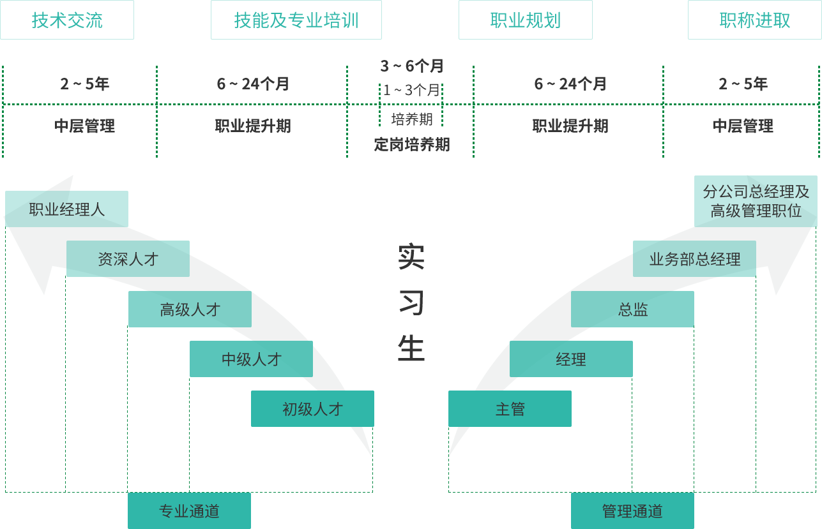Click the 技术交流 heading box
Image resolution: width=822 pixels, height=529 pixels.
[67, 20]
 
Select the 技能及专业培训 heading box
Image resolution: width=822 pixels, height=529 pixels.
[296, 20]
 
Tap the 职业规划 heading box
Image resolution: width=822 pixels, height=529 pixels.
[525, 20]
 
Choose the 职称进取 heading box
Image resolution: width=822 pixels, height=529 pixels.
[754, 20]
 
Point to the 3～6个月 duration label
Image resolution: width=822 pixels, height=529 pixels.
[411, 66]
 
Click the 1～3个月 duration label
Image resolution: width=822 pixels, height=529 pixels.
[411, 90]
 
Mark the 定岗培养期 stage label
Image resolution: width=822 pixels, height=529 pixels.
[411, 144]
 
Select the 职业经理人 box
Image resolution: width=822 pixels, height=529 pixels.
[66, 209]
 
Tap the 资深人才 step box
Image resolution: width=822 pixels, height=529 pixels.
[128, 258]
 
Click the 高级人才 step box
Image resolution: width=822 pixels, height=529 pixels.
[190, 309]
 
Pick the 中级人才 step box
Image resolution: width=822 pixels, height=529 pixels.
[251, 359]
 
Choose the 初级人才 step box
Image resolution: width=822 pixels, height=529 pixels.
[312, 409]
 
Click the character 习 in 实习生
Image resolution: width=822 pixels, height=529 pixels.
[411, 302]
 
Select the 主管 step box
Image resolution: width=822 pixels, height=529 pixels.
[510, 409]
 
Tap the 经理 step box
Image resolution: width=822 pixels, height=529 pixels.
[571, 359]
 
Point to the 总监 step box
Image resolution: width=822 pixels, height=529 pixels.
[632, 309]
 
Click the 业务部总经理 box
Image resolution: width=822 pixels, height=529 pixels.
[694, 259]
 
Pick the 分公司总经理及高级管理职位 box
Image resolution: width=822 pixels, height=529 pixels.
[756, 200]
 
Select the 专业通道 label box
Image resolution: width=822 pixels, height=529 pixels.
[189, 510]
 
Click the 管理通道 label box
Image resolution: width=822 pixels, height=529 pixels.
[632, 510]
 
